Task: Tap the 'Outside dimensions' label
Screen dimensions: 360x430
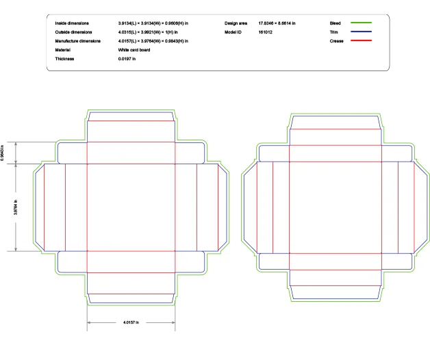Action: (x=74, y=32)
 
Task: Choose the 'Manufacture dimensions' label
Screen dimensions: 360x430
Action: (x=77, y=41)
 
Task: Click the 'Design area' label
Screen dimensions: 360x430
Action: (x=236, y=23)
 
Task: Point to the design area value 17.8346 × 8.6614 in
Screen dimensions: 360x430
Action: (x=277, y=23)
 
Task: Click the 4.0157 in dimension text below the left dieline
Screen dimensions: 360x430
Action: (x=131, y=322)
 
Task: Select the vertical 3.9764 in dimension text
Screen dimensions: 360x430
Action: (x=14, y=207)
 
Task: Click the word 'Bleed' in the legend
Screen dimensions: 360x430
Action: (x=335, y=23)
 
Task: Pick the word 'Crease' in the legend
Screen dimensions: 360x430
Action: (x=336, y=41)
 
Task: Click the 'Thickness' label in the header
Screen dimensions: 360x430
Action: (x=65, y=59)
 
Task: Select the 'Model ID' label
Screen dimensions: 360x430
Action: (x=233, y=32)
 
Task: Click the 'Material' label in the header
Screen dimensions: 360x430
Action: (x=64, y=50)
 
